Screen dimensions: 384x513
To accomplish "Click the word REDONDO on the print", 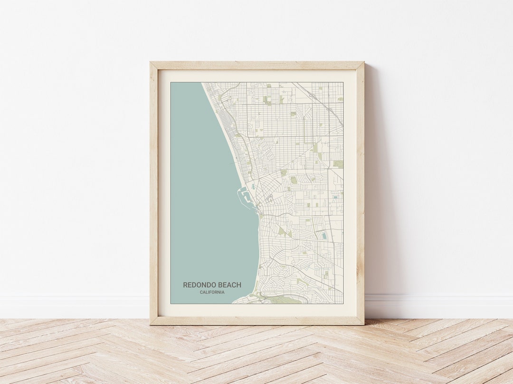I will [200, 285].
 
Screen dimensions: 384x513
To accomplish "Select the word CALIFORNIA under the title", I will [212, 293].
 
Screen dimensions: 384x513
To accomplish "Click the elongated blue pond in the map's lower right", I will [324, 236].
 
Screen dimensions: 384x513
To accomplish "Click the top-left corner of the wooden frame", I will [151, 63].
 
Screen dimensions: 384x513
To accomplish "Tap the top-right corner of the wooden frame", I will [363, 63].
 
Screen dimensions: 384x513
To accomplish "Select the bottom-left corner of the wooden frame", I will [151, 324].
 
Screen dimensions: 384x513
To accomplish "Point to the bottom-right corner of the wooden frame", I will [363, 324].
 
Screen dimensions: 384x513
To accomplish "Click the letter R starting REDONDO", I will [186, 285].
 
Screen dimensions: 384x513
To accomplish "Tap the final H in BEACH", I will [238, 285].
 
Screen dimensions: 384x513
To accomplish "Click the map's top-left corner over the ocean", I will [171, 83].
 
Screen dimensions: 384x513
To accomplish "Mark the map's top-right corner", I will [342, 83].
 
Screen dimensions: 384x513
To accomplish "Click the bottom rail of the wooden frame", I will [257, 320].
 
